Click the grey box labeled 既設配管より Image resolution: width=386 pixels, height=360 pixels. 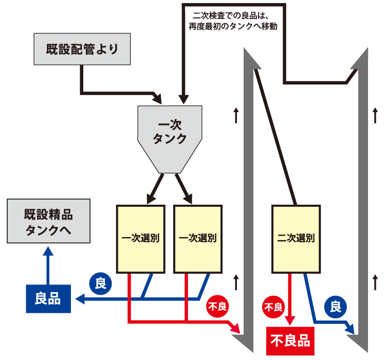click(x=81, y=50)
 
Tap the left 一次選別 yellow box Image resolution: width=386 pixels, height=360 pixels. click(x=140, y=239)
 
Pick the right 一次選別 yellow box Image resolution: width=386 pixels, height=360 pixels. click(x=198, y=239)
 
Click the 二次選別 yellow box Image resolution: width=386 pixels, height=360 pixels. click(x=296, y=239)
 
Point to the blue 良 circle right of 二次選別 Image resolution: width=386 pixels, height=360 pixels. click(x=335, y=308)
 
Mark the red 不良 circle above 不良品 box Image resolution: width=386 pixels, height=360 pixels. click(x=273, y=308)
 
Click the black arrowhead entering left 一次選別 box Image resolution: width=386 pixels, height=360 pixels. click(x=151, y=199)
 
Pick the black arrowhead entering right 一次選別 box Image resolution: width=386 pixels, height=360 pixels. click(x=188, y=199)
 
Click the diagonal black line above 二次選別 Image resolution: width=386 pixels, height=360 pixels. click(x=276, y=136)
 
